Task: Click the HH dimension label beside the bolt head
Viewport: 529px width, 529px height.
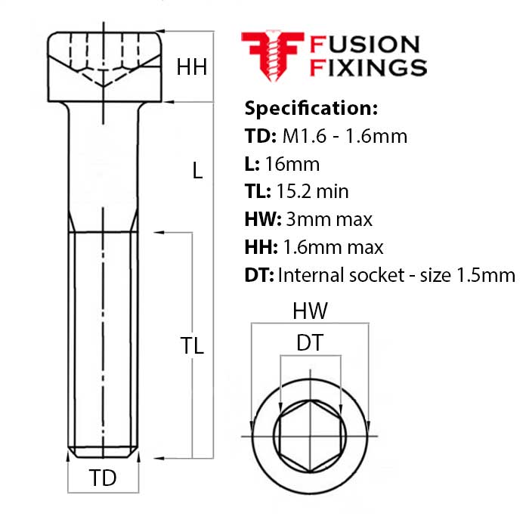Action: click(191, 67)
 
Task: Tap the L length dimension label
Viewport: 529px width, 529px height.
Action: click(197, 171)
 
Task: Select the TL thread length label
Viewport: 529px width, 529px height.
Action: click(192, 345)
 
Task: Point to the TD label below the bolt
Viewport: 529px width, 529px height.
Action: click(103, 478)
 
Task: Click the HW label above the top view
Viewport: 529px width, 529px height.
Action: click(309, 311)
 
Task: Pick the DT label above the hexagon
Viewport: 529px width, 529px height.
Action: click(309, 343)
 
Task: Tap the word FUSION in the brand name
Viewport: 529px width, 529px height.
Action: click(365, 45)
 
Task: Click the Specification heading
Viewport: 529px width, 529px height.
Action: click(311, 107)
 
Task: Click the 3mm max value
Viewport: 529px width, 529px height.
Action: click(329, 219)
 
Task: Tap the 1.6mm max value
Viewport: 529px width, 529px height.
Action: click(333, 247)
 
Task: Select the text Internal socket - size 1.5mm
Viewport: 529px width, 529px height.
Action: click(397, 275)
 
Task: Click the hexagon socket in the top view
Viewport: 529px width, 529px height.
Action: click(309, 437)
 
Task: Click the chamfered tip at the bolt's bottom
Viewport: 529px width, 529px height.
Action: click(103, 453)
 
